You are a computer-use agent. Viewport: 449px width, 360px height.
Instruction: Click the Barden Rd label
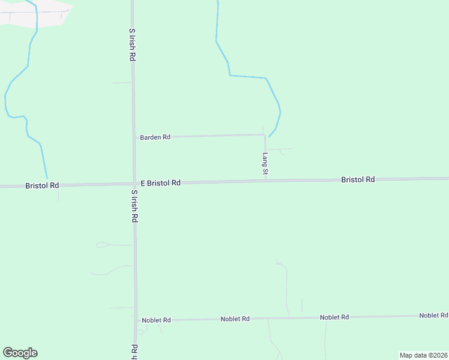coord(155,137)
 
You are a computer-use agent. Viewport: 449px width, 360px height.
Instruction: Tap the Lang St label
coord(265,164)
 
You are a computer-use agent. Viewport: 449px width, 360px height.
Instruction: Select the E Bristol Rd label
coord(160,183)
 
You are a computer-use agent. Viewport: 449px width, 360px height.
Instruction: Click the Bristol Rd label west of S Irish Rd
coord(42,186)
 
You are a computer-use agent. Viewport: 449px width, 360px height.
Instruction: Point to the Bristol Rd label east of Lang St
coord(358,179)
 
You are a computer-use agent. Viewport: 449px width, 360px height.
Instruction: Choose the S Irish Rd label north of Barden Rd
coord(131,44)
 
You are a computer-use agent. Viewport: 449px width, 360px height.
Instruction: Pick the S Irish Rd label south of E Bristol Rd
coord(134,207)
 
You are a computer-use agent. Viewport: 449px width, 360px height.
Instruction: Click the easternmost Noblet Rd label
coord(433,316)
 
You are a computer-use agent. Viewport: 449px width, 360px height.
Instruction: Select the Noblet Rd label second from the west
coord(235,319)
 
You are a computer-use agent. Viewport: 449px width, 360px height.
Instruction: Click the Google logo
coord(20,353)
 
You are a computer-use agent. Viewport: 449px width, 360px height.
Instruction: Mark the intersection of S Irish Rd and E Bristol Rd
coord(134,184)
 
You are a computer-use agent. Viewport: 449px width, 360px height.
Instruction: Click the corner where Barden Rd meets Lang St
coord(265,135)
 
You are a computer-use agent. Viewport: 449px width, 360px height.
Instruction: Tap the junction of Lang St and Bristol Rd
coord(265,181)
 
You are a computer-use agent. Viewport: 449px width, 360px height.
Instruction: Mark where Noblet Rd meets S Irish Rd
coord(136,320)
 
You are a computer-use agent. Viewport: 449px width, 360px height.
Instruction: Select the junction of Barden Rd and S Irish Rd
coord(133,137)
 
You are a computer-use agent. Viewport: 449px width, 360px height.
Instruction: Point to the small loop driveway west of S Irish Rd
coord(102,244)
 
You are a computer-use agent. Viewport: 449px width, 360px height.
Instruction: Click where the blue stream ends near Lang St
coord(268,137)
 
